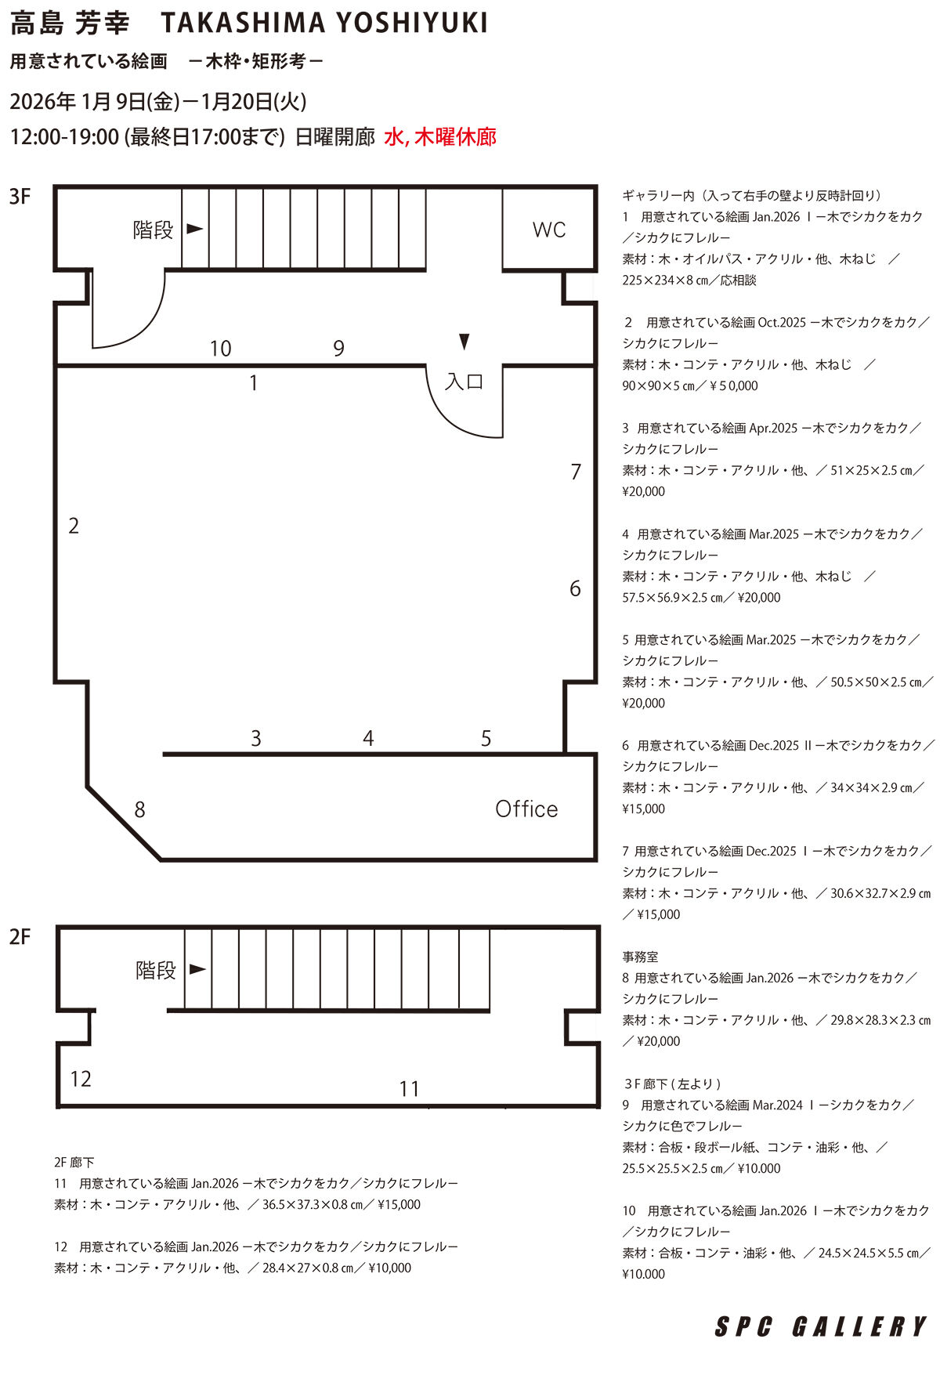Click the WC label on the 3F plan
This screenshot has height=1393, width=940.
pos(548,230)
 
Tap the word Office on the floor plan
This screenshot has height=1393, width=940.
pos(526,809)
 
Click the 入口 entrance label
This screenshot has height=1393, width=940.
pos(465,382)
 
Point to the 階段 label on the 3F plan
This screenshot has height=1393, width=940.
pos(153,230)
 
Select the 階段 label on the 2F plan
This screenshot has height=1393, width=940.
pos(156,970)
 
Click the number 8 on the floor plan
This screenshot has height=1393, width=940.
pos(139,809)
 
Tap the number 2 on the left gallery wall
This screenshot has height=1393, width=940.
pos(74,526)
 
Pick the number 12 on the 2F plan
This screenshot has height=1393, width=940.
pos(81,1079)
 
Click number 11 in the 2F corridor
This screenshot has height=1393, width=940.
pos(409,1088)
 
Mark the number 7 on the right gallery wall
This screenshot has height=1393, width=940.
pos(576,472)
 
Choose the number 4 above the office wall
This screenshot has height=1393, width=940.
pos(368,738)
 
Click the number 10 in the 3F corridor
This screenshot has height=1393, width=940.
pos(221,348)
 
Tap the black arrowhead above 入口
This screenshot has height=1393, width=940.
pos(465,342)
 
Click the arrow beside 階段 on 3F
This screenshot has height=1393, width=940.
pos(195,230)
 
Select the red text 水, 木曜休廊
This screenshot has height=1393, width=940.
pos(440,137)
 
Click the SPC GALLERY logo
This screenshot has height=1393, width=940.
pos(821,1326)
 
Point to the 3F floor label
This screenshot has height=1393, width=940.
pos(20,196)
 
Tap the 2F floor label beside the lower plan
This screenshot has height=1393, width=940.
pos(20,936)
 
